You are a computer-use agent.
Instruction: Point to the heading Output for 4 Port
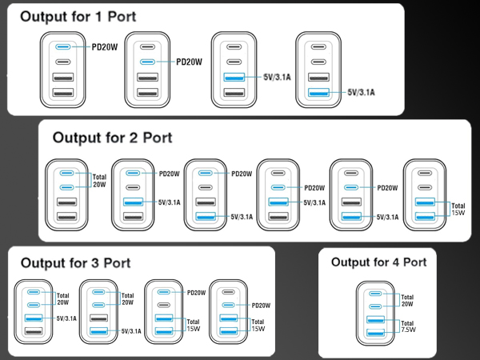(378, 262)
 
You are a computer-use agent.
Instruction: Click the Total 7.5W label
(407, 326)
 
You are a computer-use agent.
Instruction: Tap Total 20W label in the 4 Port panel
(407, 301)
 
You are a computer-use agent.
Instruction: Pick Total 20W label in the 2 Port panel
(99, 182)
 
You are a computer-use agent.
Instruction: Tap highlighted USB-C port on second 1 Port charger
(146, 62)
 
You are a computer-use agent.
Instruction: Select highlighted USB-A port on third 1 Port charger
(233, 78)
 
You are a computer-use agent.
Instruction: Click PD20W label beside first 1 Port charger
(106, 47)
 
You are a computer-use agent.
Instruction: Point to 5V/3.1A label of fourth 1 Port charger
(361, 93)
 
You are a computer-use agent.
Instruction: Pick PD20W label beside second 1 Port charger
(189, 62)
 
